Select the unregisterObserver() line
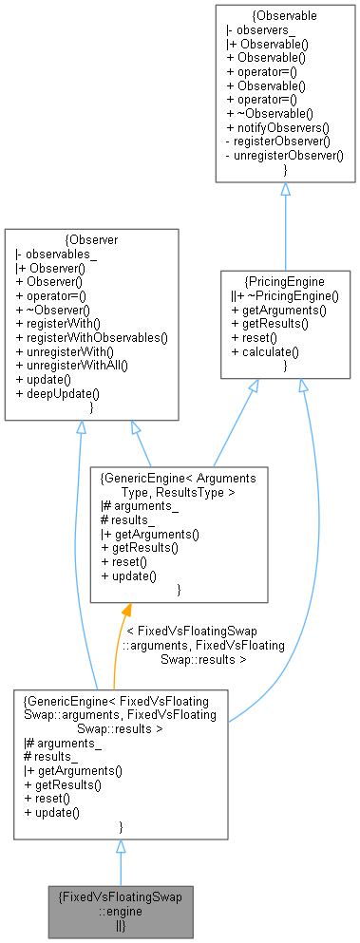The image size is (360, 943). coord(285,153)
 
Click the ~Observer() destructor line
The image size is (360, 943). coord(58,309)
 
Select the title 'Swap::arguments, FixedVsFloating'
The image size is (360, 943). coord(120,714)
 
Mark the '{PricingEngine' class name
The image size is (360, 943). coord(285,282)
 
